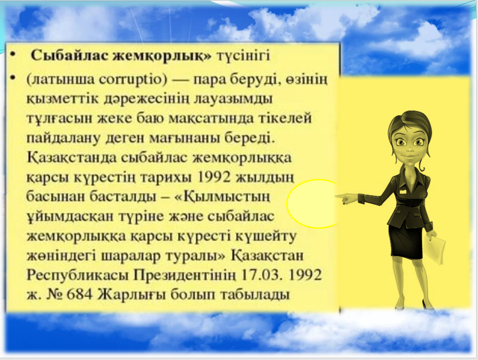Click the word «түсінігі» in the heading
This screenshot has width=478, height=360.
243,57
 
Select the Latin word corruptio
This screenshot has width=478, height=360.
134,80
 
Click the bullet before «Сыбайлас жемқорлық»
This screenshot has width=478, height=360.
12,56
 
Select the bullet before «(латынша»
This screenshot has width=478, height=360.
12,79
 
